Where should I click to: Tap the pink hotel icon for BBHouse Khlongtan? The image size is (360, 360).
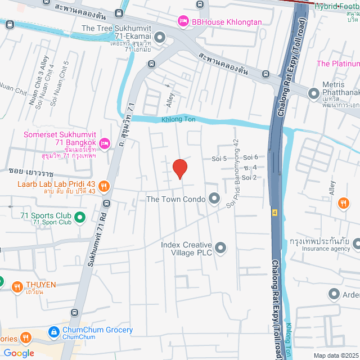point(183,21)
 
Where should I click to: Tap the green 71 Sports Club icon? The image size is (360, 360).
point(80,216)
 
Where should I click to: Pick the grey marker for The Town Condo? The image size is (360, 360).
point(214,199)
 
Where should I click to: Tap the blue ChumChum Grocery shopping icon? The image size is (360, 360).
point(54,332)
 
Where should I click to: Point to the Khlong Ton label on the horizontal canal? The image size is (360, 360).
point(178,120)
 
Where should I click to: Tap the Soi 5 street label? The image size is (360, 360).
point(219,159)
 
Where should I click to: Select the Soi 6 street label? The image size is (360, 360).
point(250,157)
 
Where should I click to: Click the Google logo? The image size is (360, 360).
point(18,353)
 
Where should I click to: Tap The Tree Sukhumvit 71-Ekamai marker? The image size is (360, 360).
point(160,38)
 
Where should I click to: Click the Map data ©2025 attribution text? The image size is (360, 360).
point(335,355)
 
